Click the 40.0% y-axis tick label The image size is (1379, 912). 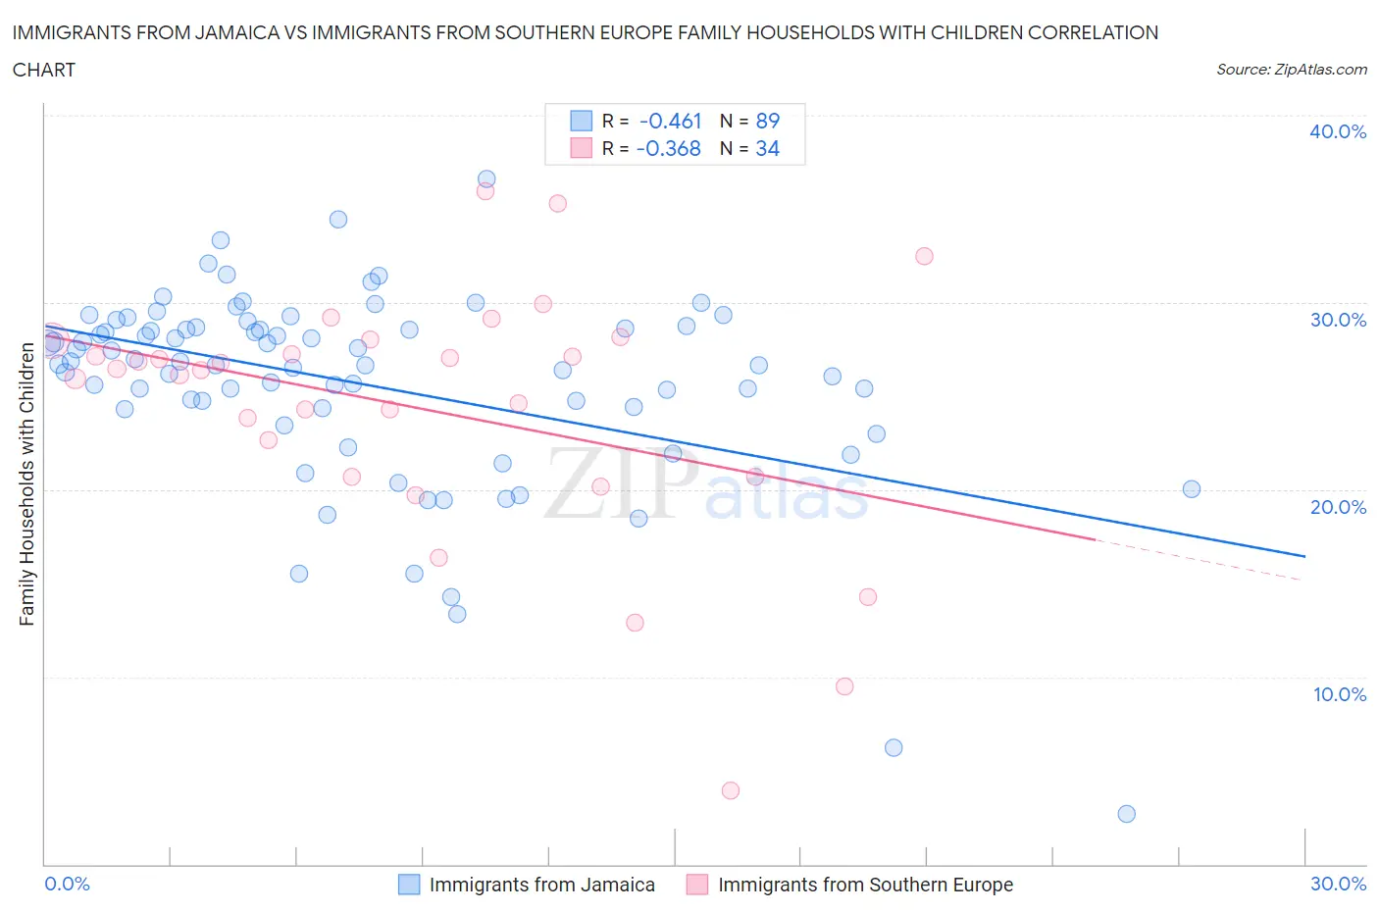(1338, 131)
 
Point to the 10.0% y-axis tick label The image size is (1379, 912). (1339, 694)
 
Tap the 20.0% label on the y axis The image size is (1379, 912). (1338, 507)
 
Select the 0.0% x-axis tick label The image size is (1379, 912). (67, 884)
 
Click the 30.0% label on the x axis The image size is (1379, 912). (1338, 884)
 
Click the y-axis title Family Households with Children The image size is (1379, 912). (26, 483)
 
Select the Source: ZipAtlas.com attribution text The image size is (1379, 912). (1291, 70)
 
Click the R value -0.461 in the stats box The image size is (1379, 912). (670, 121)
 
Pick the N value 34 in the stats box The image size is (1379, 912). (767, 148)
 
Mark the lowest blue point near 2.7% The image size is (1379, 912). (1126, 814)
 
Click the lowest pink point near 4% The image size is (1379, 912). (730, 790)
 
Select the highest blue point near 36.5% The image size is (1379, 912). (486, 179)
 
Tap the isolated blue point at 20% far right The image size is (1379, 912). (1192, 489)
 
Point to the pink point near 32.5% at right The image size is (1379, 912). (924, 256)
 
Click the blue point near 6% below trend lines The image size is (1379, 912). (894, 747)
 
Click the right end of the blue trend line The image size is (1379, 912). (1304, 556)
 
